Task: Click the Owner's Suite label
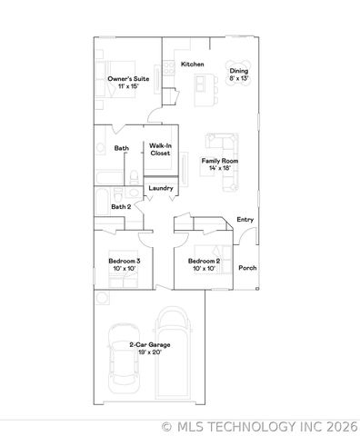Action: [x=127, y=79]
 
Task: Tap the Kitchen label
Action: [x=192, y=64]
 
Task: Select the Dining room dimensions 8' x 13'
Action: [x=239, y=79]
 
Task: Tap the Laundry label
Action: [x=161, y=188]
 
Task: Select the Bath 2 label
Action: [x=121, y=207]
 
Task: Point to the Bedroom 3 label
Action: [x=124, y=261]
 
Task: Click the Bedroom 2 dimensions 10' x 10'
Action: [x=204, y=269]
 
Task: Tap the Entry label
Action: [x=245, y=220]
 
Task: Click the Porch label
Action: [x=246, y=268]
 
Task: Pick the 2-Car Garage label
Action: [x=149, y=345]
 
